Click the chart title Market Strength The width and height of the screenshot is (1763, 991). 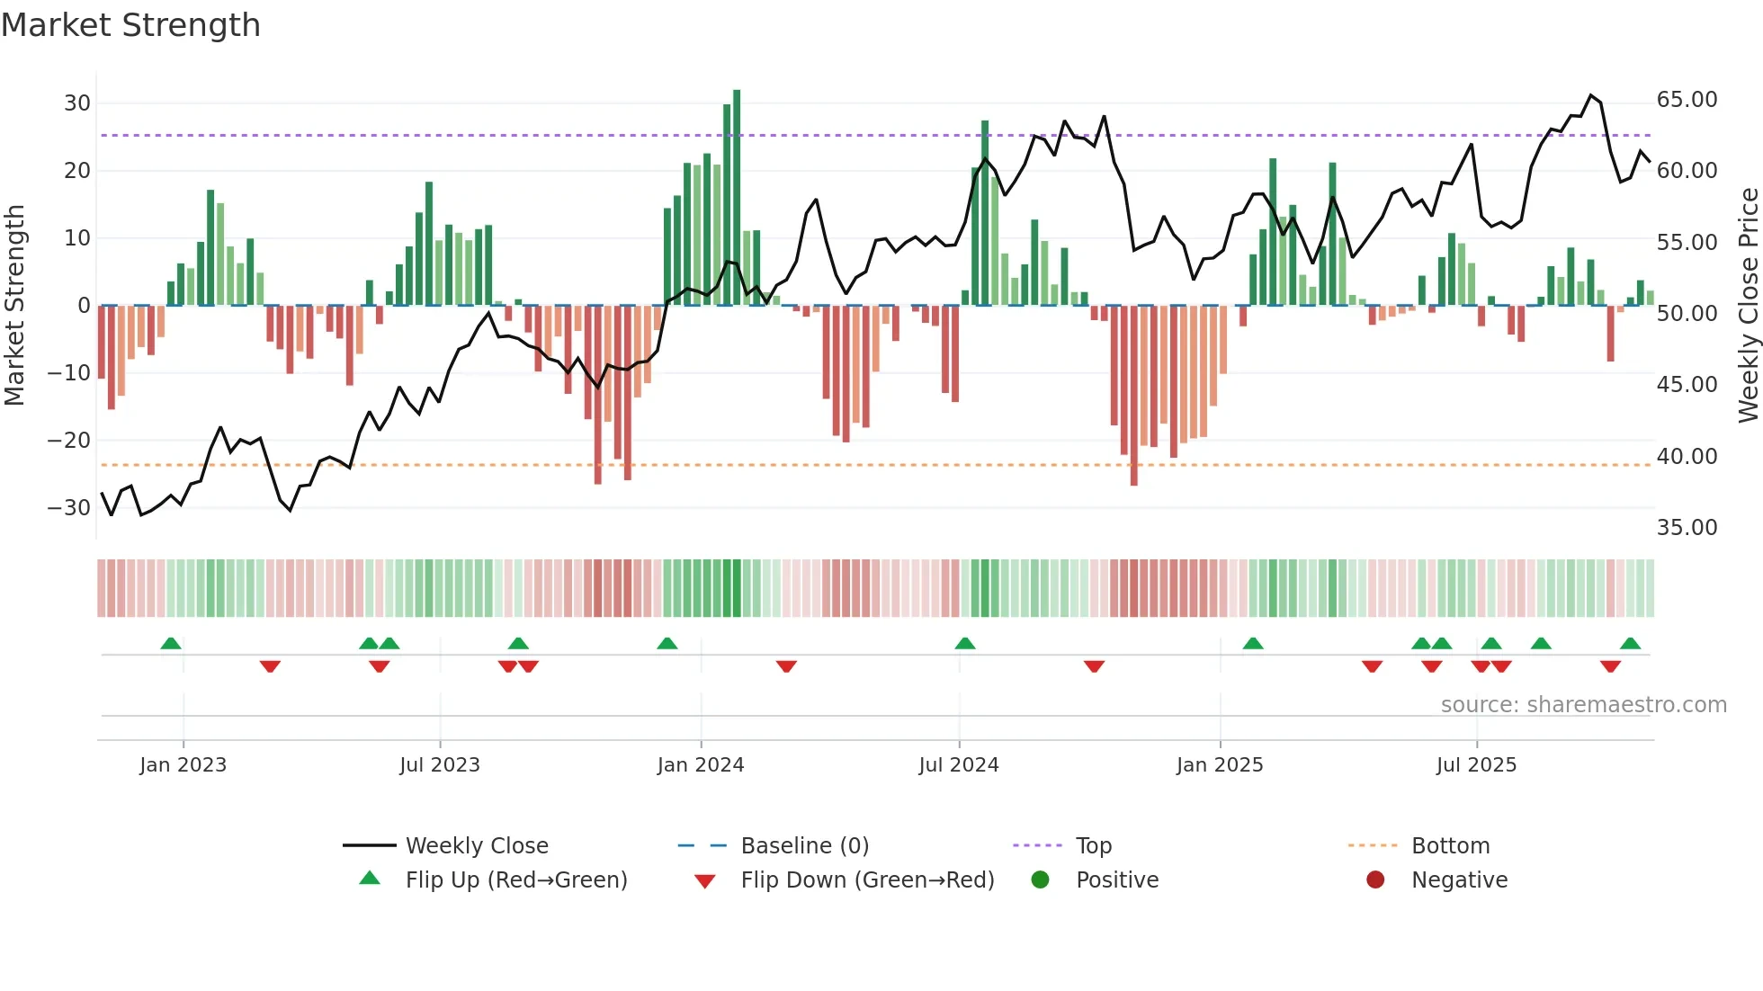(131, 25)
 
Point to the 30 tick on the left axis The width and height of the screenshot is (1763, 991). (77, 103)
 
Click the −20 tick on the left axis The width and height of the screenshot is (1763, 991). (69, 441)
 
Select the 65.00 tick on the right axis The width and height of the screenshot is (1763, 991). (1687, 100)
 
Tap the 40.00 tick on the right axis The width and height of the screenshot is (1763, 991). (1687, 457)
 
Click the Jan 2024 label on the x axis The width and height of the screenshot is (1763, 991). (701, 765)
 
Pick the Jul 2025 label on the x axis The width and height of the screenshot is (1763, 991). (1476, 765)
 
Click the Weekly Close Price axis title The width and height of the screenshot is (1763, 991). (1748, 306)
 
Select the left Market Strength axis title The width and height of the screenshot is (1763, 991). (15, 306)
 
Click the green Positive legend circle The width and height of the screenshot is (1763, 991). (1041, 880)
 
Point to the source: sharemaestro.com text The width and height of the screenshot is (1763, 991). (1583, 705)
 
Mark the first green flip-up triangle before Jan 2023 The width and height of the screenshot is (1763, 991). (171, 644)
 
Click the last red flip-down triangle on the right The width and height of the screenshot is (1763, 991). (1610, 666)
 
